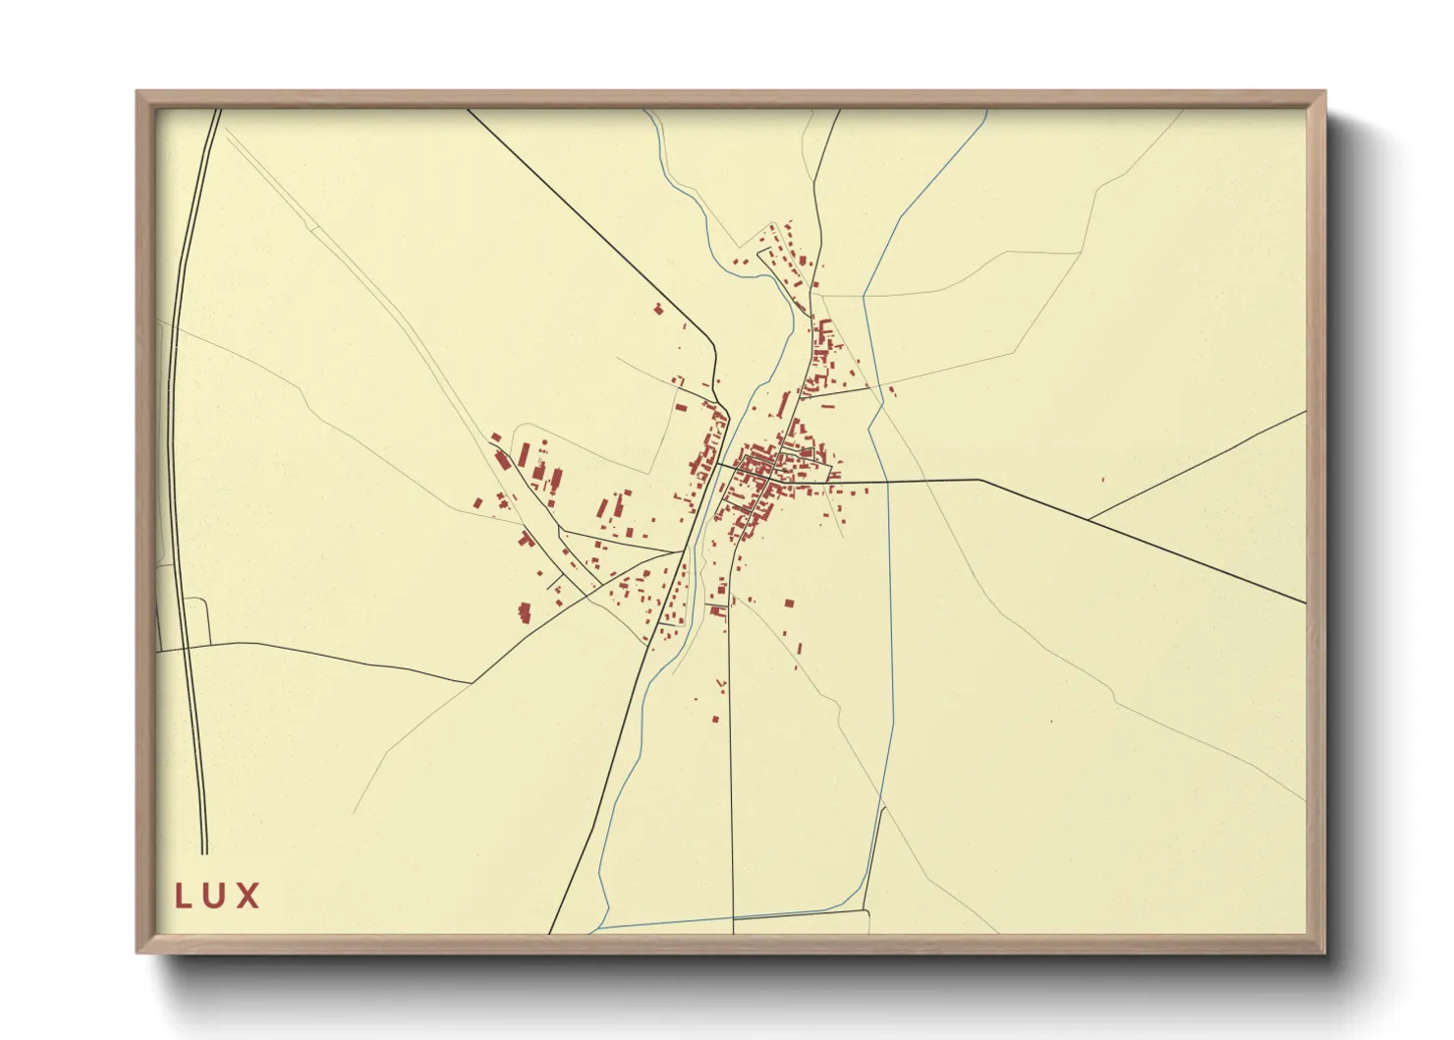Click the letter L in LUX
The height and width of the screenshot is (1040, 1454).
182,896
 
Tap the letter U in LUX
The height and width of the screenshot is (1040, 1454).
215,896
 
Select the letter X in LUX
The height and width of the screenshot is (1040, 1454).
249,896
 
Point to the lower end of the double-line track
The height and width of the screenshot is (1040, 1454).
204,852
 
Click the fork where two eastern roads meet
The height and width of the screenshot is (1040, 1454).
1088,519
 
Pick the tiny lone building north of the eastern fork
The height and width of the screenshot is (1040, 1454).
1102,480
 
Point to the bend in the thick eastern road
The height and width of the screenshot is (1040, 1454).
979,480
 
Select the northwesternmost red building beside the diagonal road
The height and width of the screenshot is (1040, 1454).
658,310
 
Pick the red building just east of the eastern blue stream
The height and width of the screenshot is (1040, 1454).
891,391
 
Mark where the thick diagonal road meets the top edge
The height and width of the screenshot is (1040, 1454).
468,110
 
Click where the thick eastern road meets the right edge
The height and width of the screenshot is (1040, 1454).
1306,602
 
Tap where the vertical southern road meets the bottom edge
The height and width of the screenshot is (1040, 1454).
734,932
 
